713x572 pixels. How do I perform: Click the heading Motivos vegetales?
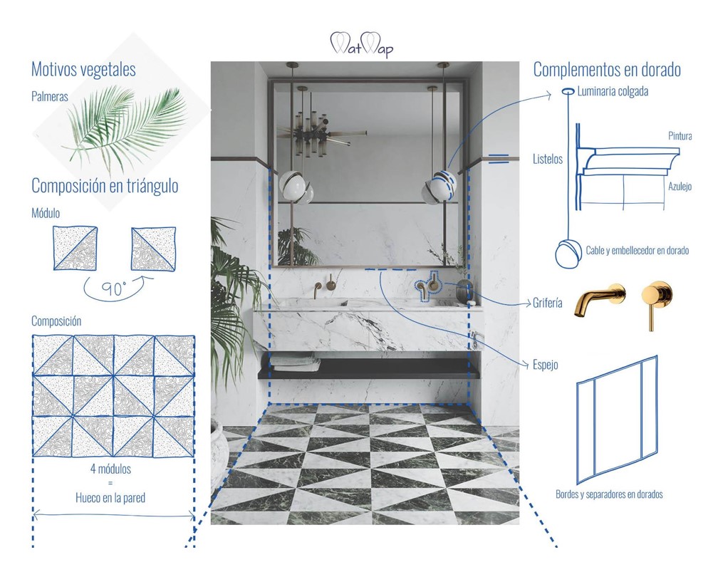[83, 70]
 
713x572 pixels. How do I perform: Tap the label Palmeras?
[50, 96]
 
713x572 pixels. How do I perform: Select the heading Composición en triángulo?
[105, 186]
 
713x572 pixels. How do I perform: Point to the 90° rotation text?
[113, 289]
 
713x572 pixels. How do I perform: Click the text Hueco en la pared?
[110, 498]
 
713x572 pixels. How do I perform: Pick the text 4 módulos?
[110, 470]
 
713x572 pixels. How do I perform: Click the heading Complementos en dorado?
[607, 70]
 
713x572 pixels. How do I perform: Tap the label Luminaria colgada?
[613, 92]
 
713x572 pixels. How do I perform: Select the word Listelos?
[548, 160]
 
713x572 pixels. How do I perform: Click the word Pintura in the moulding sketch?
[680, 136]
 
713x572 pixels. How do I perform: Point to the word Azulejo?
[680, 187]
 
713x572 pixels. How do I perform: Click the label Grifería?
[548, 303]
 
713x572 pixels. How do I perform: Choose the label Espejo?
[545, 365]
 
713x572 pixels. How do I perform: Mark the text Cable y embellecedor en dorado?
[637, 251]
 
